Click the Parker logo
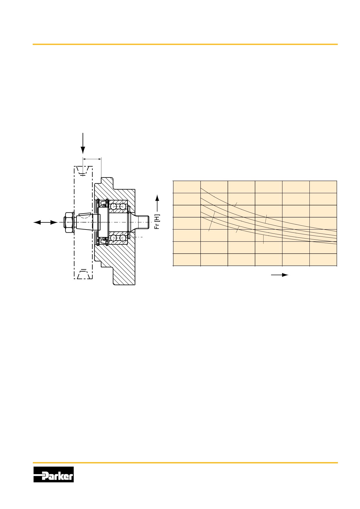pyautogui.click(x=53, y=474)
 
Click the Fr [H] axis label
pyautogui.click(x=157, y=222)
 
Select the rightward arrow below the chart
pyautogui.click(x=280, y=275)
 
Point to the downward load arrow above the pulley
pyautogui.click(x=83, y=143)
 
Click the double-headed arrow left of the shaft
pyautogui.click(x=46, y=223)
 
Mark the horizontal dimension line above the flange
pyautogui.click(x=92, y=159)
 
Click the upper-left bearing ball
pyautogui.click(x=114, y=207)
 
